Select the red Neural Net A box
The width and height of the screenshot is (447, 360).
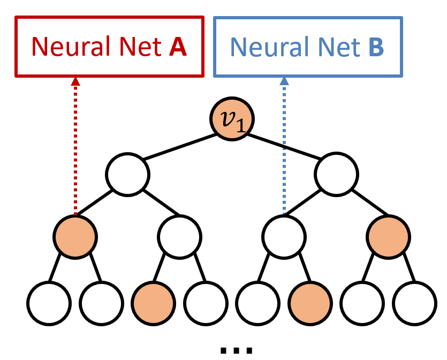coord(109,47)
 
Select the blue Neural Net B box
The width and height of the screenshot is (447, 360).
coord(308,47)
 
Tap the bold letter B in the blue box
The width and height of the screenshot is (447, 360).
coord(376,47)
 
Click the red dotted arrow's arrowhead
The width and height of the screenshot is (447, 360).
coord(75,81)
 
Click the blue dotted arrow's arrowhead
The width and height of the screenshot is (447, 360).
coord(284,81)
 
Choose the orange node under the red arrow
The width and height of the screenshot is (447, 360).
coord(75,236)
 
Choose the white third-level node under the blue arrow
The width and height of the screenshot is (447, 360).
coord(284,236)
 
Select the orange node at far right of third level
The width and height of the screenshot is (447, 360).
coord(389,236)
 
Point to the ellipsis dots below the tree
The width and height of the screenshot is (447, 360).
coord(236,350)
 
